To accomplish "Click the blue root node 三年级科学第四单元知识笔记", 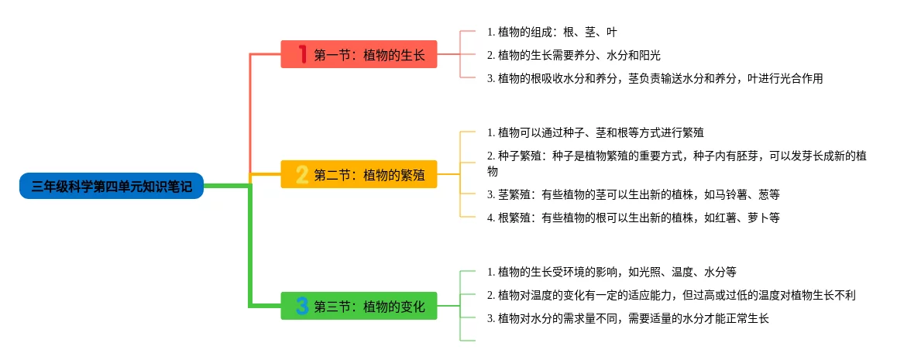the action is [x=112, y=186].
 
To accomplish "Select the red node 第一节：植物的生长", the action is [x=359, y=54].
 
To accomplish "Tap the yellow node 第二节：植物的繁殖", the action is [x=359, y=174].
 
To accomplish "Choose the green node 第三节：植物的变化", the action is [x=359, y=306].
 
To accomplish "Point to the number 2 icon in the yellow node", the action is [x=302, y=174].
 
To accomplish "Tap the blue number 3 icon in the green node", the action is [x=302, y=306].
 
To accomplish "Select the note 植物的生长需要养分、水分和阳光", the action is [x=573, y=55].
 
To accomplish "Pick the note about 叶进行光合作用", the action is [x=655, y=78].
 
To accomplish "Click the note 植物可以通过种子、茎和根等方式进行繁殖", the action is [x=595, y=132].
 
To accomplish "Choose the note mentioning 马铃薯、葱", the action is [x=627, y=194].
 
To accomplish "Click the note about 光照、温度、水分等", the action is [x=611, y=272].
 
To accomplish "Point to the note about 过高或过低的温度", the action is [x=671, y=295].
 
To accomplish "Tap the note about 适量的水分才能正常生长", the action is [x=627, y=318].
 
